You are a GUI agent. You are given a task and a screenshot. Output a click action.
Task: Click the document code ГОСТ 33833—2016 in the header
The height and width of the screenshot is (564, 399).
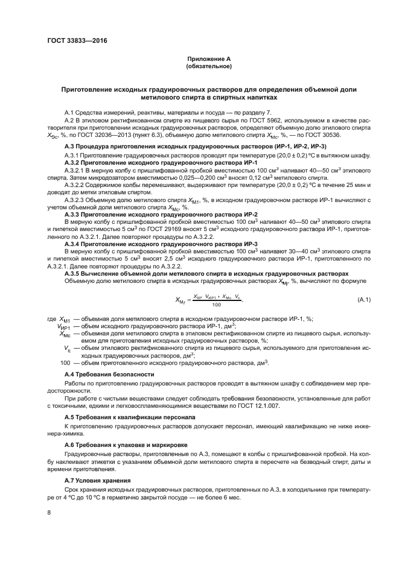click(x=72, y=42)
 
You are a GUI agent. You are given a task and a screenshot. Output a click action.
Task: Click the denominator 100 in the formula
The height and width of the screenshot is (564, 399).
click(x=216, y=305)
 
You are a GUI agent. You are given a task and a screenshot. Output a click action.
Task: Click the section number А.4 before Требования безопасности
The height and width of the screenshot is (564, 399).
click(x=71, y=375)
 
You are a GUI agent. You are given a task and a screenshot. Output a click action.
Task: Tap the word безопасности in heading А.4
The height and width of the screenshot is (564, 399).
click(x=129, y=375)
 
